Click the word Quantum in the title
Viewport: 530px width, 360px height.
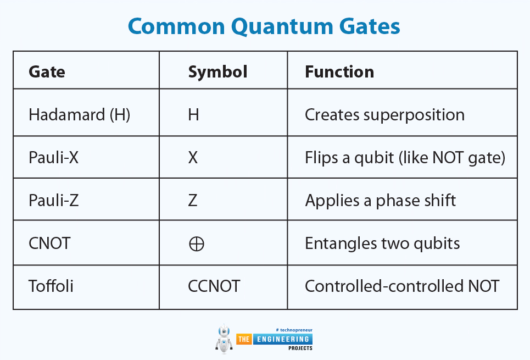click(x=282, y=27)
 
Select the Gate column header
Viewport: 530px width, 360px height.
click(x=47, y=72)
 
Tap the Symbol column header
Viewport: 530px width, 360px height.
click(x=217, y=72)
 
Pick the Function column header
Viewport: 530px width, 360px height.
click(x=339, y=72)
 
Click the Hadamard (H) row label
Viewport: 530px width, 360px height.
click(x=80, y=115)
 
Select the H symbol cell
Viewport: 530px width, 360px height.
click(x=193, y=115)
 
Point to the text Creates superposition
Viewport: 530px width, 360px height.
click(x=384, y=115)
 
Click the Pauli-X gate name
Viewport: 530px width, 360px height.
click(x=53, y=157)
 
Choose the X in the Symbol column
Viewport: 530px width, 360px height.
click(x=193, y=158)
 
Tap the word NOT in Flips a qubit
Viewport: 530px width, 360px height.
click(x=448, y=158)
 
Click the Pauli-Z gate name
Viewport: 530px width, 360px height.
click(x=53, y=200)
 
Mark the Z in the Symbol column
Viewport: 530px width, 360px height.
click(x=193, y=200)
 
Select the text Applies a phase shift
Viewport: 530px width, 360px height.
click(x=380, y=201)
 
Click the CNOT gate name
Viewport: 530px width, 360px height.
click(x=49, y=243)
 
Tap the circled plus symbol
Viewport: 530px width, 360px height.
click(x=197, y=243)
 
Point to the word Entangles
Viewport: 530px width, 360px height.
click(x=341, y=243)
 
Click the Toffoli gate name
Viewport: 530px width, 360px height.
click(x=51, y=286)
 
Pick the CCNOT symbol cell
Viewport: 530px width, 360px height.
click(x=214, y=286)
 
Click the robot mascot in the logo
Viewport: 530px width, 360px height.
click(x=224, y=339)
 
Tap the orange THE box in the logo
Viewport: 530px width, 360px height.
click(x=244, y=339)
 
